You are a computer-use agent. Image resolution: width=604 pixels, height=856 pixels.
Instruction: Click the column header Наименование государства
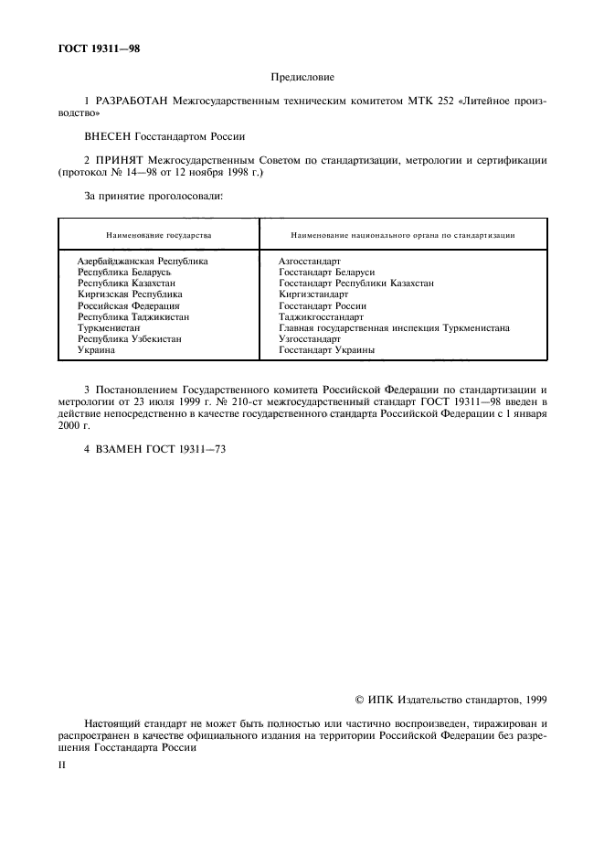158,235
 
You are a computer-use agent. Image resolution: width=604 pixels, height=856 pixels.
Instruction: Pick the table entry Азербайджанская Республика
143,261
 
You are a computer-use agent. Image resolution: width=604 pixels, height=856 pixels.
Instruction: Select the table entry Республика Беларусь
124,272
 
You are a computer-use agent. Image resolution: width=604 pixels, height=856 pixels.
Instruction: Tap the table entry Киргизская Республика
130,294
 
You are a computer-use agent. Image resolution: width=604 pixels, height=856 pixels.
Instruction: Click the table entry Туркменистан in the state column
109,327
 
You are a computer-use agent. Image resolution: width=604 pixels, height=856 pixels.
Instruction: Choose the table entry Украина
96,349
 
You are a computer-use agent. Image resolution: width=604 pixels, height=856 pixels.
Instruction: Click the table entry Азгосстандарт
309,261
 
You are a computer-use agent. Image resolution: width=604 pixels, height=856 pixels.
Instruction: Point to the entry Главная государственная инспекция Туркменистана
394,327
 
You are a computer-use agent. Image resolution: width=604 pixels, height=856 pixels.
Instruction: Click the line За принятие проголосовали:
142,195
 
